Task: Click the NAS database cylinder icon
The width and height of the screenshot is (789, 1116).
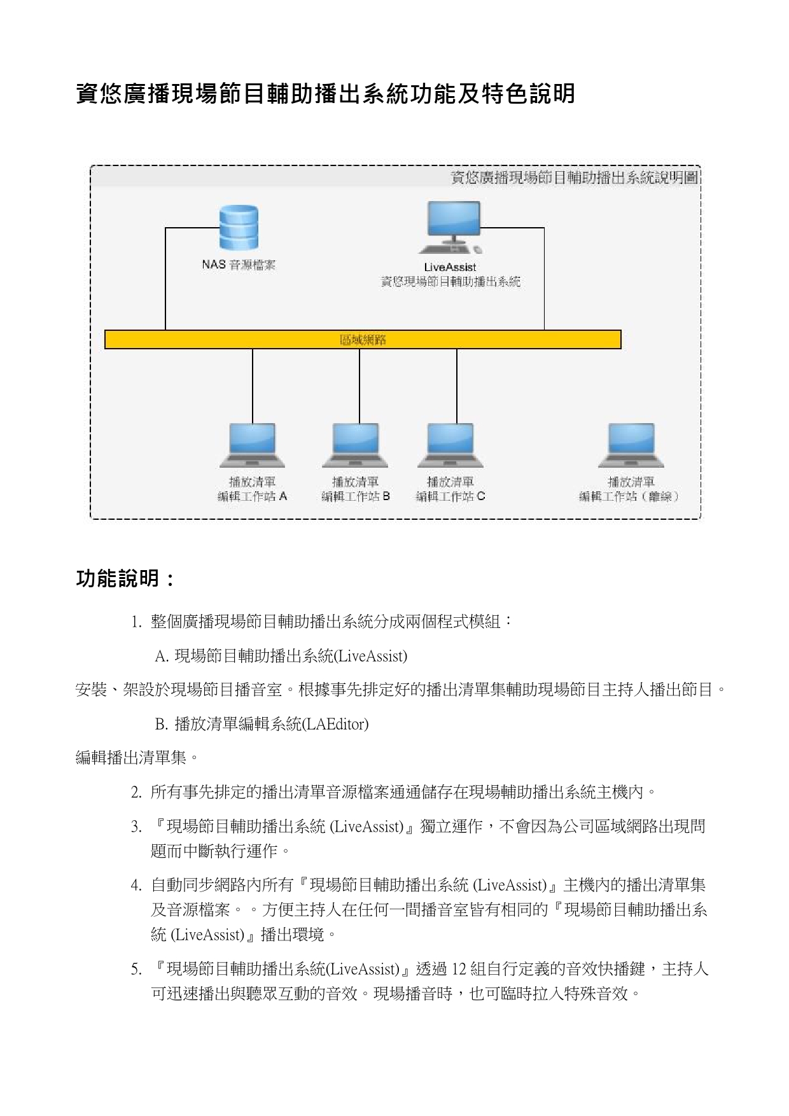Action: (239, 228)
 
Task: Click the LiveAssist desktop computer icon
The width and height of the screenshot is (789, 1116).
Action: (453, 228)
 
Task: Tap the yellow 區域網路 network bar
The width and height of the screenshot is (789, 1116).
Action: (363, 340)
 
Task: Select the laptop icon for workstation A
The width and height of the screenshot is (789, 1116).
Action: (253, 445)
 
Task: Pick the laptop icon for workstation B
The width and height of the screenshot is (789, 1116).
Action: (356, 445)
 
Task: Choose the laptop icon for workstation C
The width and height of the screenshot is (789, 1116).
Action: (450, 445)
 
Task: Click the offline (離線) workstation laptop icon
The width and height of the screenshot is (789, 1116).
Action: (631, 445)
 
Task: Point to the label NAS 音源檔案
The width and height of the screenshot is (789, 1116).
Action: (239, 265)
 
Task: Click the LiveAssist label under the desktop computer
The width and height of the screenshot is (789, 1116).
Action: (450, 267)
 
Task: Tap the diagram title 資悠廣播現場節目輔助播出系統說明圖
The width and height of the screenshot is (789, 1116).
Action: (575, 178)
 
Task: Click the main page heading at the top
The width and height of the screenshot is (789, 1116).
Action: (325, 94)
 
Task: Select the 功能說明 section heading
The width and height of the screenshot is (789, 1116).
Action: (125, 579)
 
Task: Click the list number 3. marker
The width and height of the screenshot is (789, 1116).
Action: (136, 827)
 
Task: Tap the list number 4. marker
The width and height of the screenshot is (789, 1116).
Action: (136, 886)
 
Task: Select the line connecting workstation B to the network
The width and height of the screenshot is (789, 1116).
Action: (360, 386)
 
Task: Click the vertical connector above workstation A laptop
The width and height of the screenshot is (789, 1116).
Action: (253, 386)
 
